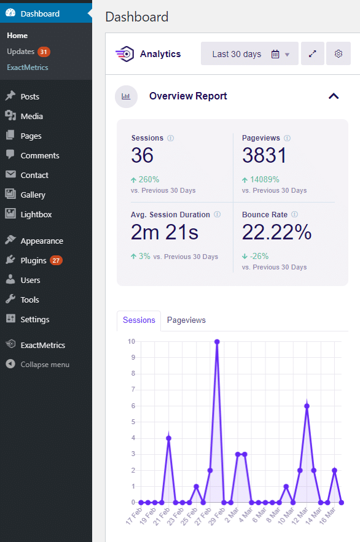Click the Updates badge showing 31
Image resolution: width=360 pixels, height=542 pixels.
tap(44, 52)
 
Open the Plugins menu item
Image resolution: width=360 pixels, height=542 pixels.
tap(34, 260)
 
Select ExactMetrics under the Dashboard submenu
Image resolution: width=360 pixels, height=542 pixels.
tap(27, 68)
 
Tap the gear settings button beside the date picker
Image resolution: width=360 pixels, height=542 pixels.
tap(338, 54)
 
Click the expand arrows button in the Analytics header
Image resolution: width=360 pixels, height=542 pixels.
tap(313, 54)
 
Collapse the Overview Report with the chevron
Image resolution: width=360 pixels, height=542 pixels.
tap(334, 96)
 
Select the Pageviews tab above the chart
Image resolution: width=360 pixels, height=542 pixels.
tap(186, 320)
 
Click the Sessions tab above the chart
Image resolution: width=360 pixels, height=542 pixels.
tap(139, 320)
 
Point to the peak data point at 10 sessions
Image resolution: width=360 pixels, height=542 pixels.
tap(217, 342)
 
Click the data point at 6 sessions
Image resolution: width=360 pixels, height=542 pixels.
tap(307, 406)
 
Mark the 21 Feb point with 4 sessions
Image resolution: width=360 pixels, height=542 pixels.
tap(168, 438)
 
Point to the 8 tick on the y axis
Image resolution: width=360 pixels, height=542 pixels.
tap(131, 374)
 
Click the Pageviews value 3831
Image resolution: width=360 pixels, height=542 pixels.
tap(264, 156)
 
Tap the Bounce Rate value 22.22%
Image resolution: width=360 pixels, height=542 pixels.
tap(276, 232)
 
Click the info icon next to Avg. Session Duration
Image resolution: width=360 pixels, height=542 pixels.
tap(218, 215)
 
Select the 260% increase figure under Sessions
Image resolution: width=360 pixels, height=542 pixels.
tap(145, 180)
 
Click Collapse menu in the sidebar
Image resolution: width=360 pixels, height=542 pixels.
tap(44, 365)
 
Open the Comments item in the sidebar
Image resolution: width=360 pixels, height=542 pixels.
tap(39, 155)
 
